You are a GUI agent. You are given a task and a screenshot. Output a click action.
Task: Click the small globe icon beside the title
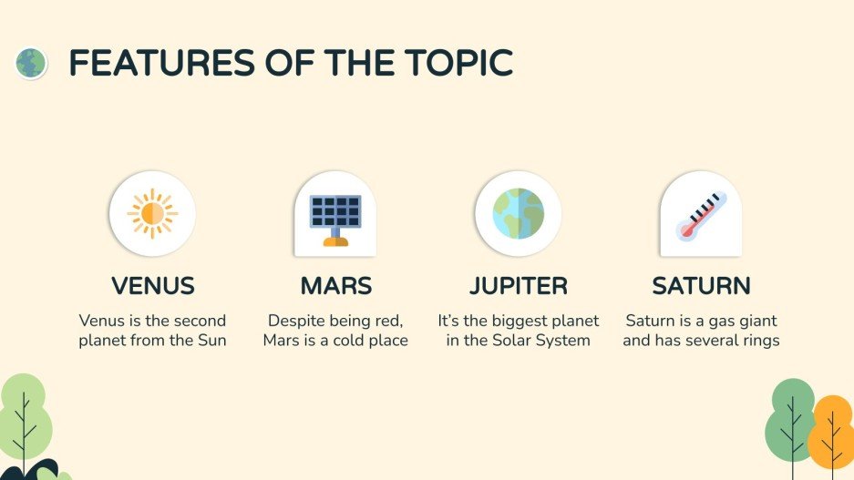click(x=31, y=63)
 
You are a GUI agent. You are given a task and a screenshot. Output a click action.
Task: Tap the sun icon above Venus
click(x=152, y=214)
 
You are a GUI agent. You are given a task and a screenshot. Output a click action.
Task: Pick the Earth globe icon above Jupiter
click(x=518, y=214)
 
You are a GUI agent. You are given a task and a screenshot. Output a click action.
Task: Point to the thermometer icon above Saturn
click(x=700, y=216)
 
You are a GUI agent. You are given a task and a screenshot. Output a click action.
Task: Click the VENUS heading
click(x=153, y=286)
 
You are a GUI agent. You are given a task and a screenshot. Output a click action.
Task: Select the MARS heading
click(x=336, y=286)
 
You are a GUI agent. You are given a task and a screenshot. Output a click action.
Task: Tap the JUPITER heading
click(x=519, y=286)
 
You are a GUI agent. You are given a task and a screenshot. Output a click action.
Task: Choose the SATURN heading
click(x=701, y=286)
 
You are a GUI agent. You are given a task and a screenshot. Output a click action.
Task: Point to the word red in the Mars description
click(x=386, y=321)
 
